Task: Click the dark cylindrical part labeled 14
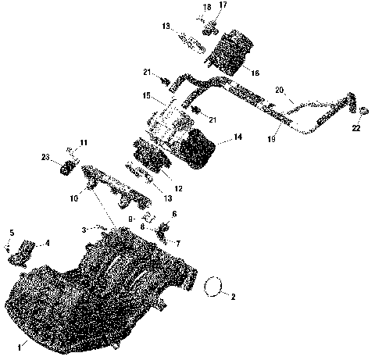[x=199, y=148]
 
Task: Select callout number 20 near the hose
[x=279, y=91]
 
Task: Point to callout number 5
[x=11, y=233]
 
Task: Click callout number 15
[x=145, y=96]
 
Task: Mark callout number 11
[x=84, y=141]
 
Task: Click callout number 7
[x=177, y=244]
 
